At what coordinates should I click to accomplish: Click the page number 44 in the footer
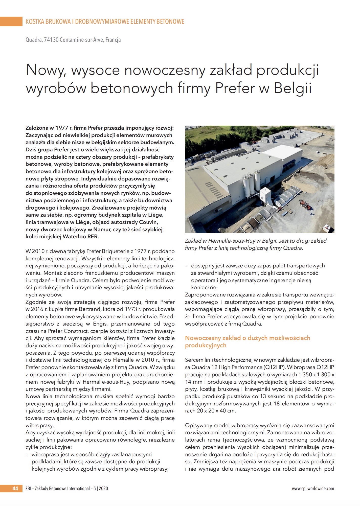15,488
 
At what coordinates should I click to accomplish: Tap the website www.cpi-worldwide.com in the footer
313,488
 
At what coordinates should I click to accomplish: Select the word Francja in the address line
113,40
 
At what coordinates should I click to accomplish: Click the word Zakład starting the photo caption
193,241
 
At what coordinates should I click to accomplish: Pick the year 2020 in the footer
103,488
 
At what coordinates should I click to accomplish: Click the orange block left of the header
11,21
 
